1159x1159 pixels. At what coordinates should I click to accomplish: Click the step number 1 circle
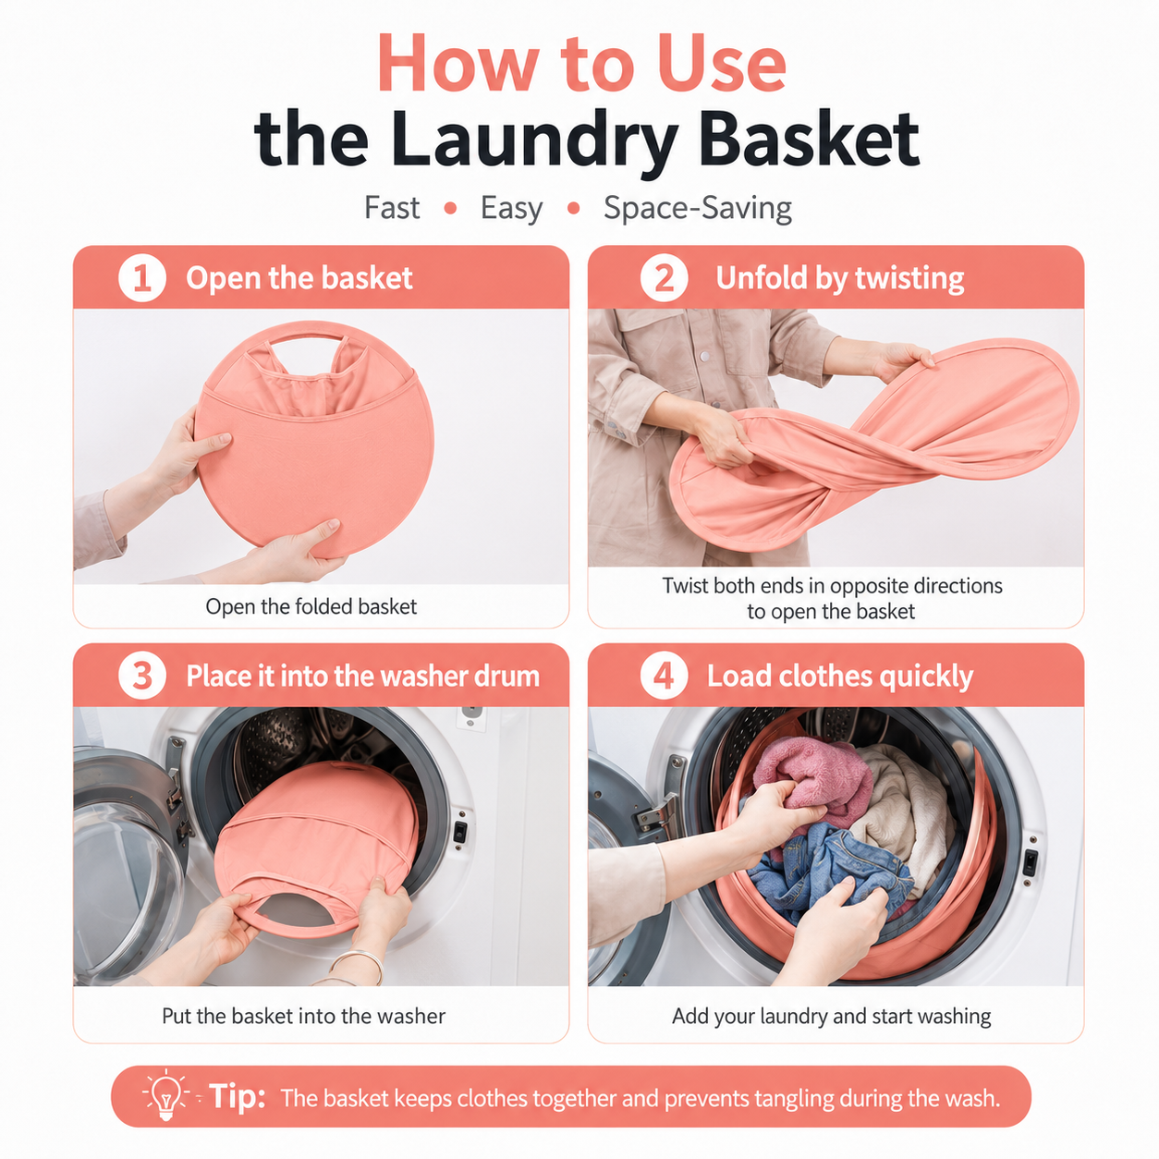pos(142,278)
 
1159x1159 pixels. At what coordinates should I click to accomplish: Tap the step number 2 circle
pos(664,278)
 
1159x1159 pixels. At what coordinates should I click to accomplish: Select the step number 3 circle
pos(142,676)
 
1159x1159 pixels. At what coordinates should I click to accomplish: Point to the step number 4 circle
pos(664,676)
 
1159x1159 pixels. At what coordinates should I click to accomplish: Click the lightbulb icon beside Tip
pos(166,1096)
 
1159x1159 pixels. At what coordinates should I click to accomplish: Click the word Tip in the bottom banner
pos(237,1096)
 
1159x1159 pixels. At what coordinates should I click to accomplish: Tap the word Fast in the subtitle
pos(392,208)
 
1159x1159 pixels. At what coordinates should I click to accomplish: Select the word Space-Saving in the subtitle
pos(698,209)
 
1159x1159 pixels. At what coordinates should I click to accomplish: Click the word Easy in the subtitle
pos(511,209)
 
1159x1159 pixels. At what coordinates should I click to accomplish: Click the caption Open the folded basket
pos(311,606)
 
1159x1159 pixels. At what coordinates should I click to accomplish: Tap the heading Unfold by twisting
pos(839,278)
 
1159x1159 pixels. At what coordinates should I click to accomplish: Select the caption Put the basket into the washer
pos(304,1016)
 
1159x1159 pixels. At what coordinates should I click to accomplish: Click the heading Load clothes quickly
pos(839,676)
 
